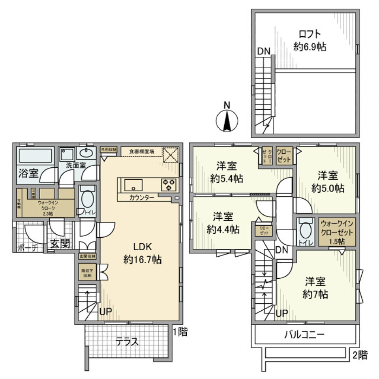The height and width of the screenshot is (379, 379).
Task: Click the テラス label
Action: click(x=127, y=341)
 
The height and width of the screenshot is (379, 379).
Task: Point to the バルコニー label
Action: click(x=304, y=335)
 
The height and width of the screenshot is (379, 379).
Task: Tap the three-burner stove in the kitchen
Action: click(x=169, y=184)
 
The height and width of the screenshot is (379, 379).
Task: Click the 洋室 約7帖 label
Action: click(x=315, y=288)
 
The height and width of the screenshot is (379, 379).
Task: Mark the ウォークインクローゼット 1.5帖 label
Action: click(x=338, y=232)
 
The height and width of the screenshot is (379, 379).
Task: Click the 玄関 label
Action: click(x=60, y=244)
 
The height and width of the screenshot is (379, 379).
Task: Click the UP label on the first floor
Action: click(x=105, y=312)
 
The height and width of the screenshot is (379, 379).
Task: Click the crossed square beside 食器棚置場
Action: click(x=171, y=154)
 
